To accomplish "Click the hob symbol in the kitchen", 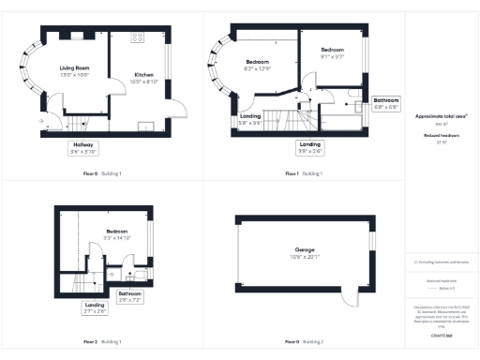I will (138, 38).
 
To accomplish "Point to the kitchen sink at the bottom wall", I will (145, 126).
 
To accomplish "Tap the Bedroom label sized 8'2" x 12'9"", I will (257, 65).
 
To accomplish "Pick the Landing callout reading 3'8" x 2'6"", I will (309, 145).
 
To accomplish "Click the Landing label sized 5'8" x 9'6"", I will (250, 119).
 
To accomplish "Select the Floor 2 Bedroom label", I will (117, 233).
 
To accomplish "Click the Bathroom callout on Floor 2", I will (129, 295).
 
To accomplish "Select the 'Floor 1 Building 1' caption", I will (306, 173).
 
